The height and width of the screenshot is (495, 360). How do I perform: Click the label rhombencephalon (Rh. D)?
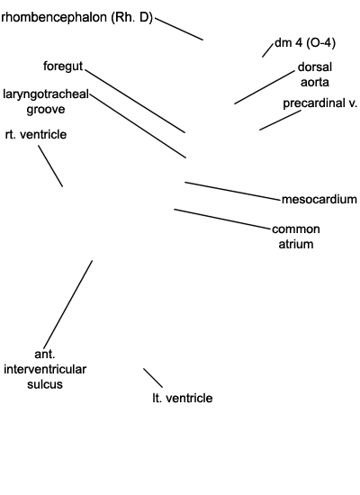point(76,17)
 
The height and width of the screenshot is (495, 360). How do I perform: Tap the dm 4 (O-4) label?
point(305,42)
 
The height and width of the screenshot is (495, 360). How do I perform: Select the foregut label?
point(63,67)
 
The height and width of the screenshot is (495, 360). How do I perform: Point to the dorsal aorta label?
point(315,75)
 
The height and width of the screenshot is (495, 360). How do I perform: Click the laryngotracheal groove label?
point(46,102)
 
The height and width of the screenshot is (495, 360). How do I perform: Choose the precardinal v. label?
point(319,103)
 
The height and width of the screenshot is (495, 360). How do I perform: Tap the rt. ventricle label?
point(36,134)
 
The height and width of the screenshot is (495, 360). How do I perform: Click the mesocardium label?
point(319,200)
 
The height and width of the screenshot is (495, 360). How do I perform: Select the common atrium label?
point(296,237)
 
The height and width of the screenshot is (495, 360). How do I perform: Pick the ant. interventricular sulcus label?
point(45,369)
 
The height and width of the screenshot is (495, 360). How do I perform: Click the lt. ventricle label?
point(182,398)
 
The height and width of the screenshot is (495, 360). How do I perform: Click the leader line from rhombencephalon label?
point(179,29)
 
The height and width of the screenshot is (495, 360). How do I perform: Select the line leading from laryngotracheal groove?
point(138,125)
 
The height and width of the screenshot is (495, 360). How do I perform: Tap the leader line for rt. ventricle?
point(50,166)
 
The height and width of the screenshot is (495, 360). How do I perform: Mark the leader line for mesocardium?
point(232,191)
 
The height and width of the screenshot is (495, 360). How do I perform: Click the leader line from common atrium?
point(222,219)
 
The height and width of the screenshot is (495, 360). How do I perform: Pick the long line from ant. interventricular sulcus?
point(68,304)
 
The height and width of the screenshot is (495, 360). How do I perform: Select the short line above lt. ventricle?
point(153,378)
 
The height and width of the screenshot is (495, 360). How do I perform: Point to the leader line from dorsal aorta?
point(265,87)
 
